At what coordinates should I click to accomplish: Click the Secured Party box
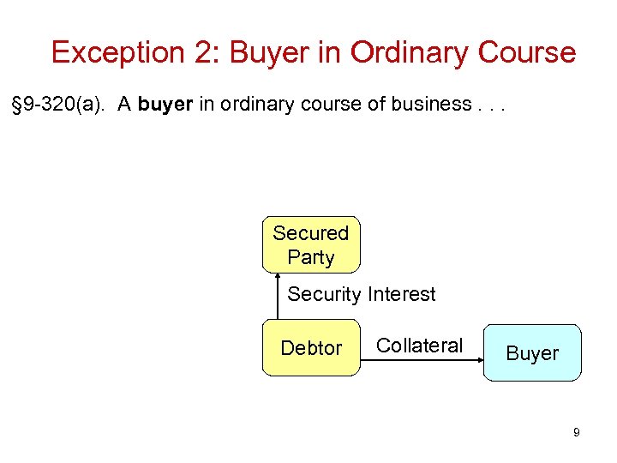tap(310, 244)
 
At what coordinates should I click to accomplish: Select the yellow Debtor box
tap(311, 348)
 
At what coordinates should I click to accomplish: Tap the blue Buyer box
tap(532, 352)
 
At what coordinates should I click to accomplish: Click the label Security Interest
tap(361, 294)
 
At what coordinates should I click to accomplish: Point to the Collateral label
tap(419, 346)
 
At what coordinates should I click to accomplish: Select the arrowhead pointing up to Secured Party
tap(279, 276)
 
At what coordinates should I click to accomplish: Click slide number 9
tap(577, 433)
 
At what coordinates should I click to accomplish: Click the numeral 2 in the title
tap(207, 52)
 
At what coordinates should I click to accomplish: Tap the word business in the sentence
tap(428, 105)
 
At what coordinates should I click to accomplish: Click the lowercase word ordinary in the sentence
tap(254, 105)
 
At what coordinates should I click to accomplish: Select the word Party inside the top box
tap(310, 257)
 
